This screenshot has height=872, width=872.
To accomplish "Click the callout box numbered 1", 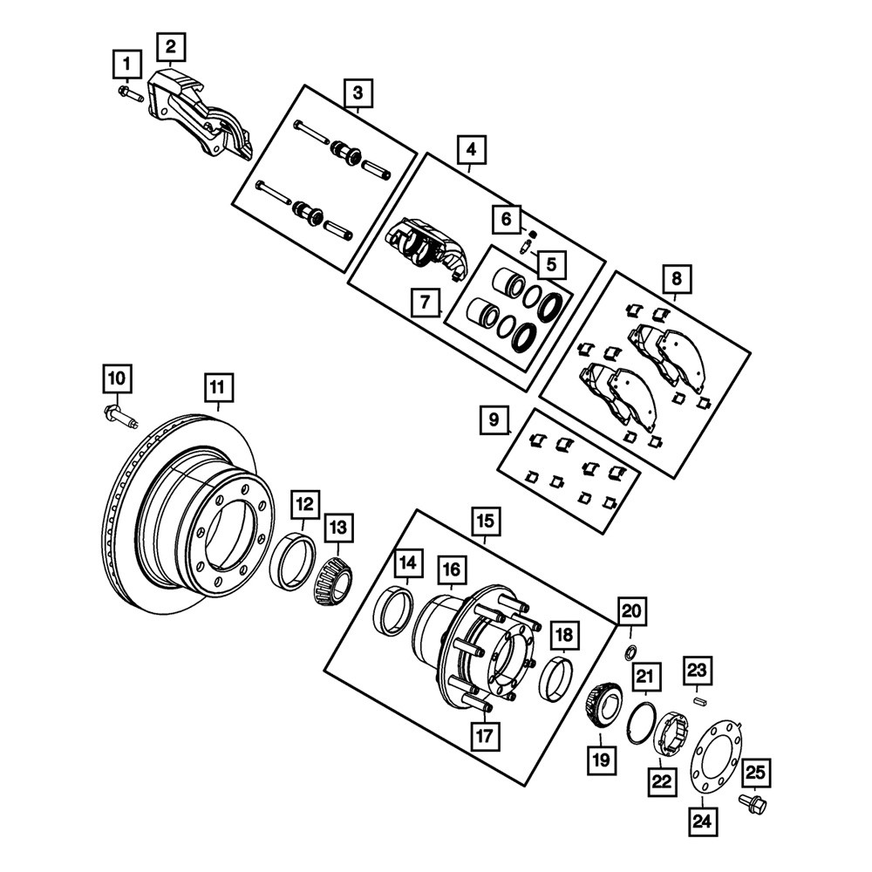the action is [x=127, y=65].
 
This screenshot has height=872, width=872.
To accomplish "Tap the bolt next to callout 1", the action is [x=131, y=93].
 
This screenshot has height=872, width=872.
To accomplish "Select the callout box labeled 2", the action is [x=171, y=47].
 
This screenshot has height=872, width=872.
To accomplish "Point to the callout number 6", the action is [x=506, y=219].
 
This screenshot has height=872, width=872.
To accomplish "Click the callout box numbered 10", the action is [x=117, y=379].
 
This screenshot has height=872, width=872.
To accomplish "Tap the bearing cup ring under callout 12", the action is [x=292, y=561].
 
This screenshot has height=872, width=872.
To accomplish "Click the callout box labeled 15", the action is [x=486, y=521].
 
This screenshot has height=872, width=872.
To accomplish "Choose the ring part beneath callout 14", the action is [x=393, y=612].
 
